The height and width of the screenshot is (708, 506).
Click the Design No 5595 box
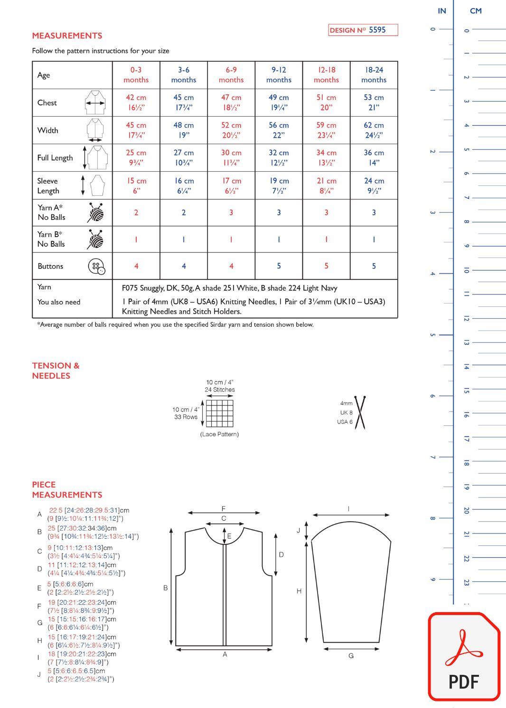pyautogui.click(x=363, y=30)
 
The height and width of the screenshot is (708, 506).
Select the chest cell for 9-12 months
pyautogui.click(x=279, y=102)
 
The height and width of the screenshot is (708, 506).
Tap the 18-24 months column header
pyautogui.click(x=374, y=75)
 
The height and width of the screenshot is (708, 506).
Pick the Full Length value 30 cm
pyautogui.click(x=231, y=157)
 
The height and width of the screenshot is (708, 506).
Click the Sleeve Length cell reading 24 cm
pyautogui.click(x=374, y=185)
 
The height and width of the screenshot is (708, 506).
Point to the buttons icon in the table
pyautogui.click(x=97, y=267)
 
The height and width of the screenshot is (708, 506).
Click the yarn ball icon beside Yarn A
pyautogui.click(x=96, y=212)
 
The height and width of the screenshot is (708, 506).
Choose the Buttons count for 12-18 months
pyautogui.click(x=326, y=266)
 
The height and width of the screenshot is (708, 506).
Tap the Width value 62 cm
pyautogui.click(x=374, y=130)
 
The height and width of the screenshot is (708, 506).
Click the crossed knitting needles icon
pyautogui.click(x=360, y=413)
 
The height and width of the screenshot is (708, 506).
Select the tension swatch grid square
pyautogui.click(x=220, y=413)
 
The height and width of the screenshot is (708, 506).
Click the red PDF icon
pyautogui.click(x=464, y=657)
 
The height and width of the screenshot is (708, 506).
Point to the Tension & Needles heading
pyautogui.click(x=56, y=370)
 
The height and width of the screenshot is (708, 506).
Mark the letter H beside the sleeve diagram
pyautogui.click(x=299, y=591)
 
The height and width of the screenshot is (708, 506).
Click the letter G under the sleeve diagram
pyautogui.click(x=351, y=656)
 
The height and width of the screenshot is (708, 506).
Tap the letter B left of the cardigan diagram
pyautogui.click(x=166, y=588)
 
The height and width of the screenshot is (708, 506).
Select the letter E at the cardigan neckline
pyautogui.click(x=229, y=536)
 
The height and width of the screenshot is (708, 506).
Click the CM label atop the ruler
pyautogui.click(x=476, y=11)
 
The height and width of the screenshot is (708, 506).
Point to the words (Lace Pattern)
pyautogui.click(x=219, y=434)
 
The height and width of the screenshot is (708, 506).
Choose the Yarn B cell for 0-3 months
pyautogui.click(x=136, y=239)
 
